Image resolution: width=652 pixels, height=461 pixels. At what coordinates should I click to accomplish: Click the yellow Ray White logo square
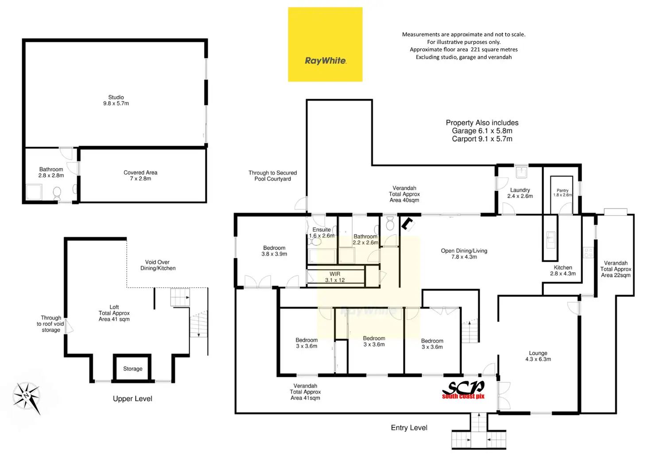point(325,44)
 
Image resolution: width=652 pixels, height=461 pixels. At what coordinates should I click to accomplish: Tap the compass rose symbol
point(27,396)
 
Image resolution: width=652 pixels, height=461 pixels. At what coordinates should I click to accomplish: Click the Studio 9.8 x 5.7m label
point(116,101)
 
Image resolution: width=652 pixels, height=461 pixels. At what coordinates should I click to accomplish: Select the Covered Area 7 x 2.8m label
point(140,176)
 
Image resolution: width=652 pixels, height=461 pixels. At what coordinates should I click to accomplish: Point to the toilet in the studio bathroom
point(57,193)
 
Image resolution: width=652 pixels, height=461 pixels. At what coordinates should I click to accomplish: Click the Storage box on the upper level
point(132,368)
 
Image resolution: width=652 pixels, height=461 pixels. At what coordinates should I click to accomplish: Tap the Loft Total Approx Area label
point(114,313)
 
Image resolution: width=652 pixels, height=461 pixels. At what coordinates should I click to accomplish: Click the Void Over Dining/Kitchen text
point(158,265)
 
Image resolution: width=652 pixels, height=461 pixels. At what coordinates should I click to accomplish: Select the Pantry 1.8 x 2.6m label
point(563,193)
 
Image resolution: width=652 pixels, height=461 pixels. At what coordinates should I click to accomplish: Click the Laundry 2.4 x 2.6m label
point(520,193)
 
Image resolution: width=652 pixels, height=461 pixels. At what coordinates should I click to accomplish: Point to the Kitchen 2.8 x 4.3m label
point(563,271)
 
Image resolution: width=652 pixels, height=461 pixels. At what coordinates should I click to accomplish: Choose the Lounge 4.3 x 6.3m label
point(538,356)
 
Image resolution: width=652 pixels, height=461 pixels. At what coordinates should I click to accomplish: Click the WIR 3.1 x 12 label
point(335,277)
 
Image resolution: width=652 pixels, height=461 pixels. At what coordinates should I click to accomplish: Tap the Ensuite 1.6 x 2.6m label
point(322,232)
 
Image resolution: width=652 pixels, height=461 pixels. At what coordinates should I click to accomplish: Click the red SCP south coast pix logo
point(463,390)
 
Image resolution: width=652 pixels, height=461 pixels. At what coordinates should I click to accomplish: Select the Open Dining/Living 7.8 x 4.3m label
point(464,254)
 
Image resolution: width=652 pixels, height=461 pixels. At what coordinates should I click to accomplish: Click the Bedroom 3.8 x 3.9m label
point(274,251)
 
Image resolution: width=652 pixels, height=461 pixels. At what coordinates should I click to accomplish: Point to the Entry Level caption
point(409,428)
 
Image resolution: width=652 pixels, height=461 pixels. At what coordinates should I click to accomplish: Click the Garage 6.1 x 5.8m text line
point(482,131)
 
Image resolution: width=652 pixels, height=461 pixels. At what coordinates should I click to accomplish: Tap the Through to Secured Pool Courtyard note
point(272,176)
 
